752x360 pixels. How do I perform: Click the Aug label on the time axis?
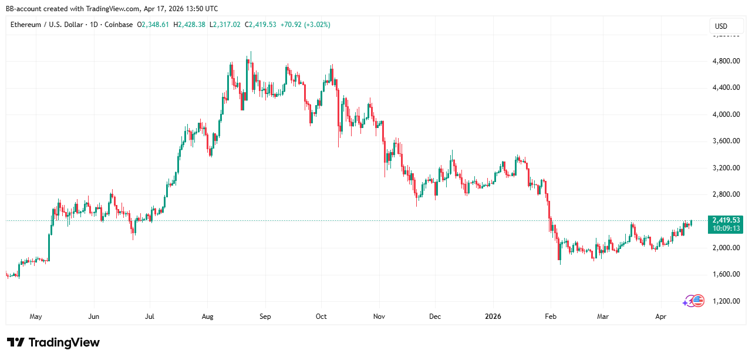pos(207,317)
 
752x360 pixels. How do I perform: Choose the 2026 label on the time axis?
pos(493,317)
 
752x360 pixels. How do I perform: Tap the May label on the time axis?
pos(36,317)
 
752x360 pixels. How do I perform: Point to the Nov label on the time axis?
pos(379,317)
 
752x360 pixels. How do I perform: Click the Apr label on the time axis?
pos(660,317)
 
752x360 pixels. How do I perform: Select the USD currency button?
pos(721,26)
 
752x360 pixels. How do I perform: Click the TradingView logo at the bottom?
pos(53,342)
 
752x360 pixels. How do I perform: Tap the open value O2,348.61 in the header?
pos(153,25)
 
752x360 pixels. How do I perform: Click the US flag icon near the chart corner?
pos(698,301)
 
